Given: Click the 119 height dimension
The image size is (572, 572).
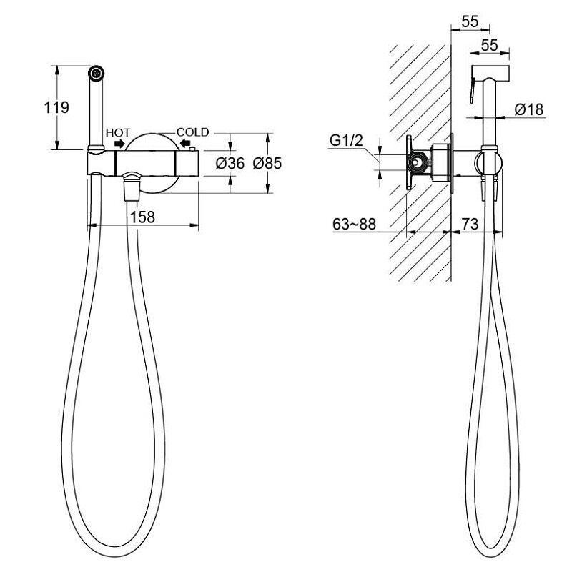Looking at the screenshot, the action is [56, 108].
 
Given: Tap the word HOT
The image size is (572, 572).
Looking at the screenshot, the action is [118, 133].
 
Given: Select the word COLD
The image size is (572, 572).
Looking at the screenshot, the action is [193, 132].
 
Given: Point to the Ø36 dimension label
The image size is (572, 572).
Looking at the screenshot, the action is [230, 164].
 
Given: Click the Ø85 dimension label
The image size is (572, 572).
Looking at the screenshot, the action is [267, 164].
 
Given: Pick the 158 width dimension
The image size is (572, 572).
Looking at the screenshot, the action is [142, 217].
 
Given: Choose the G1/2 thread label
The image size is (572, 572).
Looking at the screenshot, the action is [346, 140].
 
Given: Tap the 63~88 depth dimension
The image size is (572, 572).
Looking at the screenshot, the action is [354, 224].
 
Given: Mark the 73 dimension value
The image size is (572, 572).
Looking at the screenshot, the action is [470, 224].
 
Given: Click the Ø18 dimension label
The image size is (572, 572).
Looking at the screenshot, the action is [529, 109].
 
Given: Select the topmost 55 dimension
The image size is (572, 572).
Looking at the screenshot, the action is [470, 21].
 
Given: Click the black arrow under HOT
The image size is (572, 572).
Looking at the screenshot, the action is [119, 144].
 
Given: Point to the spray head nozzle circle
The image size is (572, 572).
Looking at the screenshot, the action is [97, 73].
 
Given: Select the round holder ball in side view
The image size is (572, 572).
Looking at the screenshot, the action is [488, 163].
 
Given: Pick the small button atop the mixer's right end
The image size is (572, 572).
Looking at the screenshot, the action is [192, 148].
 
